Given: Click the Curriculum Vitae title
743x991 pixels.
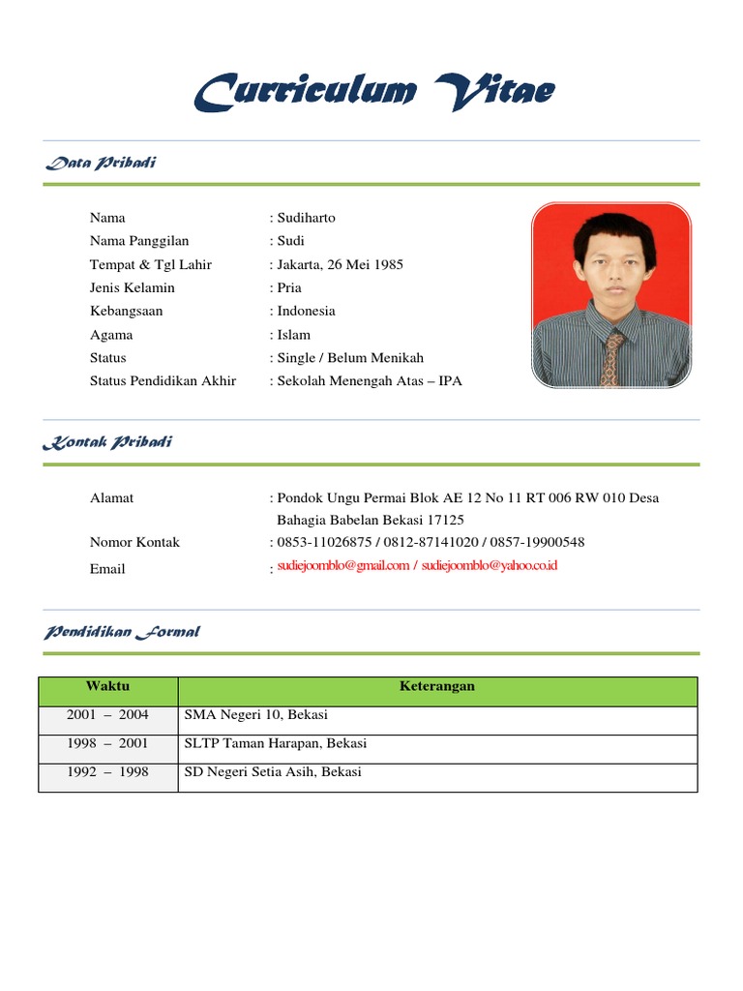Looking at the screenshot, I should (373, 93).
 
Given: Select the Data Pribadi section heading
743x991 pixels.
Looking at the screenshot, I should (101, 163).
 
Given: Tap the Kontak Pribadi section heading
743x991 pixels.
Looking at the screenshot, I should (107, 442).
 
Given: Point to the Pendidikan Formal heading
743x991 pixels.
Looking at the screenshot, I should (122, 632).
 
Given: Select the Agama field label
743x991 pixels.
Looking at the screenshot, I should (111, 335).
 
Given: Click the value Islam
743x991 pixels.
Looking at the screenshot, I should (294, 335).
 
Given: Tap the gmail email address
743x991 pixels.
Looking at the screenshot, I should (343, 566).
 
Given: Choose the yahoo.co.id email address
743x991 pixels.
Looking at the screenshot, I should (490, 566).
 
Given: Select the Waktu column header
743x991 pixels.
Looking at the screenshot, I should (107, 686).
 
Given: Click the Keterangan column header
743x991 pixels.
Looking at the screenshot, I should (437, 686).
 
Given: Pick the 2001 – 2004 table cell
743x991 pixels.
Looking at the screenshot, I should (107, 715).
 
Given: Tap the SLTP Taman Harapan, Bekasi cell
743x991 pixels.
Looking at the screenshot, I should (276, 744).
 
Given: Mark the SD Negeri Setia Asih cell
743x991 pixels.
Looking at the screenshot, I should (273, 772).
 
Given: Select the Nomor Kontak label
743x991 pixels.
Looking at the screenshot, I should (134, 542).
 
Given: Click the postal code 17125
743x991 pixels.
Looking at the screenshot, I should (445, 520).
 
